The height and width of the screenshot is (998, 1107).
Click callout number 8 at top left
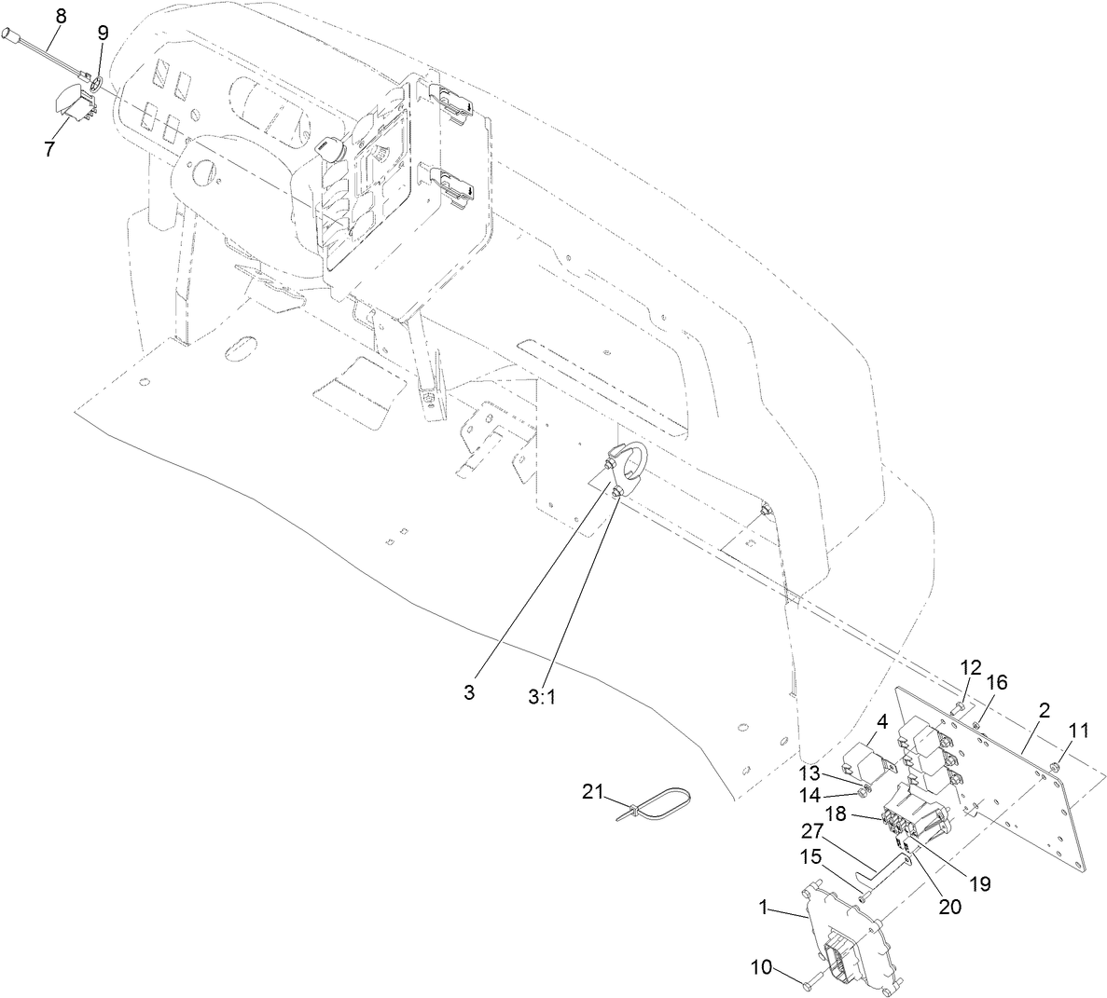(x=61, y=15)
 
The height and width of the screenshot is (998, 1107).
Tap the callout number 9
(x=103, y=33)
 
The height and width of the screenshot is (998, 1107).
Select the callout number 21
(x=593, y=791)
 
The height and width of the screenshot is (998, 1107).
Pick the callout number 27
(x=815, y=829)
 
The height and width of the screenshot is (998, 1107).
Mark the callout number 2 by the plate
(x=1044, y=710)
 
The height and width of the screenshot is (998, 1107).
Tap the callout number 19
(x=979, y=882)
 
